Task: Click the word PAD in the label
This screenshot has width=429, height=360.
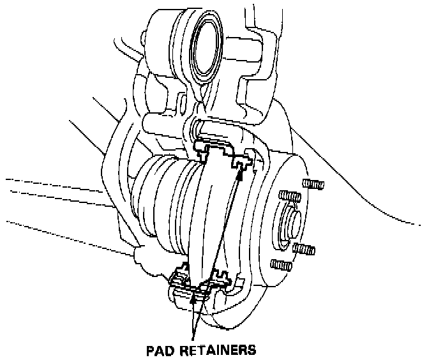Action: point(160,350)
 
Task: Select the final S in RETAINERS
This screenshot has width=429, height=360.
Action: point(252,350)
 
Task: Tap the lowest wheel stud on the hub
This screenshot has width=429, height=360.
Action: point(278,264)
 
